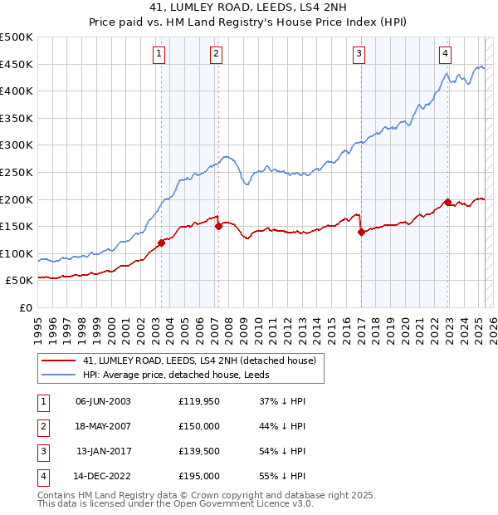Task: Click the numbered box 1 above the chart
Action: coord(159,55)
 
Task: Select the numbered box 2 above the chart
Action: coord(216,55)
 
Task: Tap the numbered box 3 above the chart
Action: coord(359,55)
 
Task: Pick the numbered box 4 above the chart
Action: coord(446,55)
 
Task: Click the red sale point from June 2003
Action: coord(161,242)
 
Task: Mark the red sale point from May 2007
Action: coord(218,225)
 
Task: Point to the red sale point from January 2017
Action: coord(361,233)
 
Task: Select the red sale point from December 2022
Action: coord(447,202)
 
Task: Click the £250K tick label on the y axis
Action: coord(17,172)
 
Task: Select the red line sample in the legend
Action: coord(57,361)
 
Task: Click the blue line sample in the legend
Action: coord(57,375)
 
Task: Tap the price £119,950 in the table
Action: coord(198,401)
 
